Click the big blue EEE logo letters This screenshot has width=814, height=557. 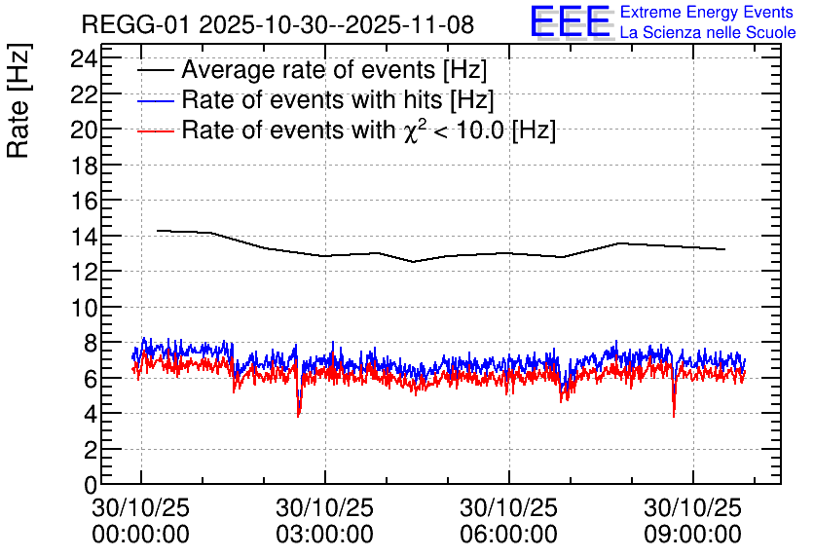pyautogui.click(x=570, y=21)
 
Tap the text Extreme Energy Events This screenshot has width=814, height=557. pyautogui.click(x=707, y=13)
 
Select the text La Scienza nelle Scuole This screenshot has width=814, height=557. pyautogui.click(x=707, y=33)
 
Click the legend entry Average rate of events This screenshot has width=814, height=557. pyautogui.click(x=334, y=70)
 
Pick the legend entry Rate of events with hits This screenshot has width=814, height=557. pyautogui.click(x=338, y=100)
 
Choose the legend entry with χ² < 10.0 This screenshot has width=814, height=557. pyautogui.click(x=368, y=130)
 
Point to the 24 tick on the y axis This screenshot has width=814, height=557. pyautogui.click(x=85, y=58)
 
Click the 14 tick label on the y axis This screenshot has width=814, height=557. pyautogui.click(x=85, y=237)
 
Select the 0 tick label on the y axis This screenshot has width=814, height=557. pyautogui.click(x=91, y=485)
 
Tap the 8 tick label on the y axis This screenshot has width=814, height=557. pyautogui.click(x=91, y=343)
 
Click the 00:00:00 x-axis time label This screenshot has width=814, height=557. pyautogui.click(x=140, y=534)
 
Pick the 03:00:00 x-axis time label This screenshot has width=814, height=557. pyautogui.click(x=324, y=534)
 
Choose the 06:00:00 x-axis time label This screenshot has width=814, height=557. pyautogui.click(x=508, y=534)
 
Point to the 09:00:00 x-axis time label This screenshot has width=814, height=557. pyautogui.click(x=692, y=534)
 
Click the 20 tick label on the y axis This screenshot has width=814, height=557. pyautogui.click(x=85, y=130)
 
